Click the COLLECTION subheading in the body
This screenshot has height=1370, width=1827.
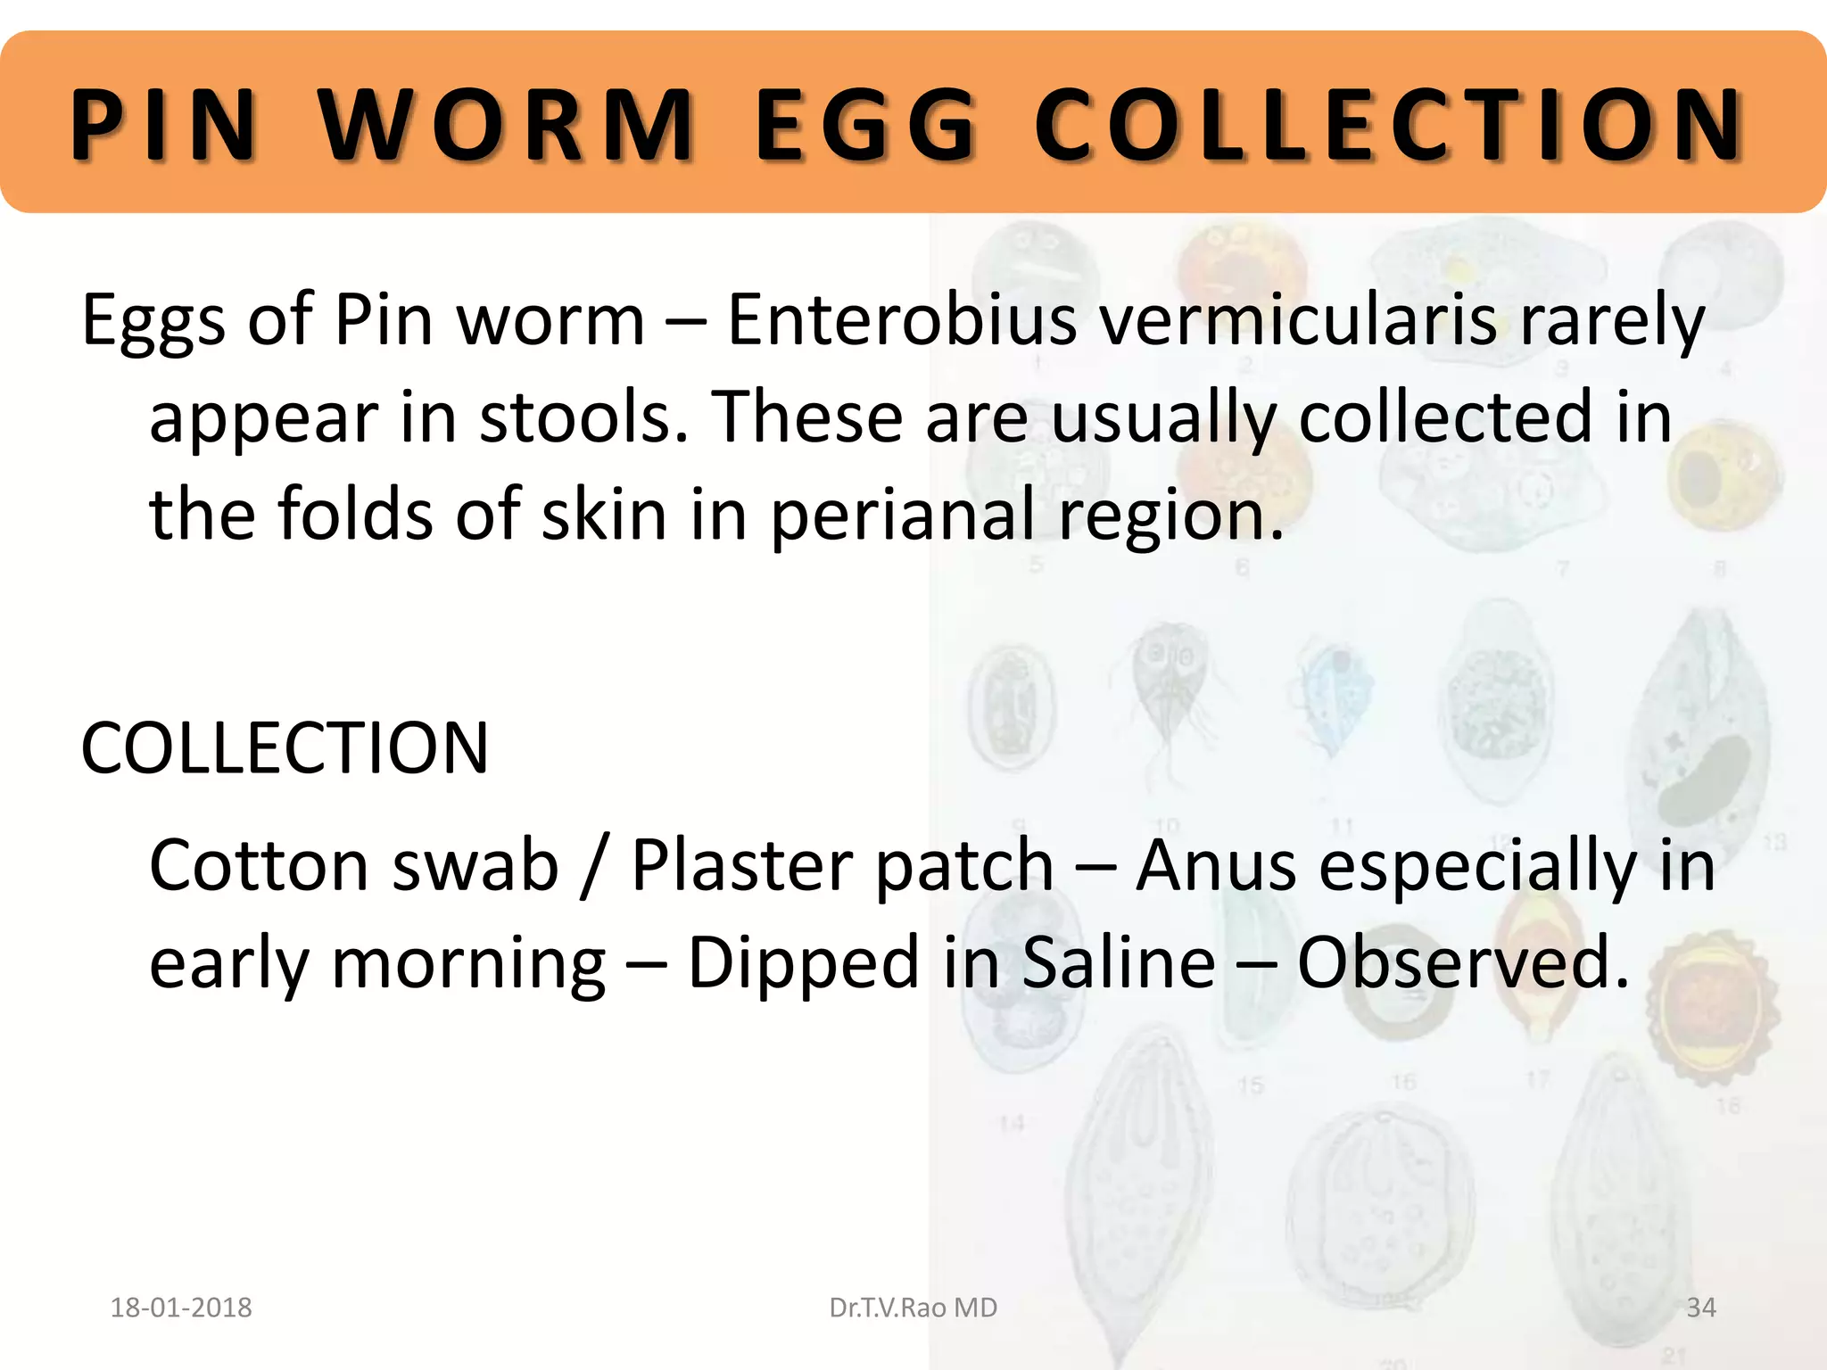tap(285, 747)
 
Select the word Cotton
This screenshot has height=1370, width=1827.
tap(259, 865)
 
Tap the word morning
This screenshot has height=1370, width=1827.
tap(468, 963)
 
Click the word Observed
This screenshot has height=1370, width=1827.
tap(1463, 963)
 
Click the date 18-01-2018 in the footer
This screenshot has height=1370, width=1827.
tap(181, 1308)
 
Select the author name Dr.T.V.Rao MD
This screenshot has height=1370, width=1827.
tap(913, 1308)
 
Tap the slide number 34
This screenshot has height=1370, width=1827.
tap(1701, 1308)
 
